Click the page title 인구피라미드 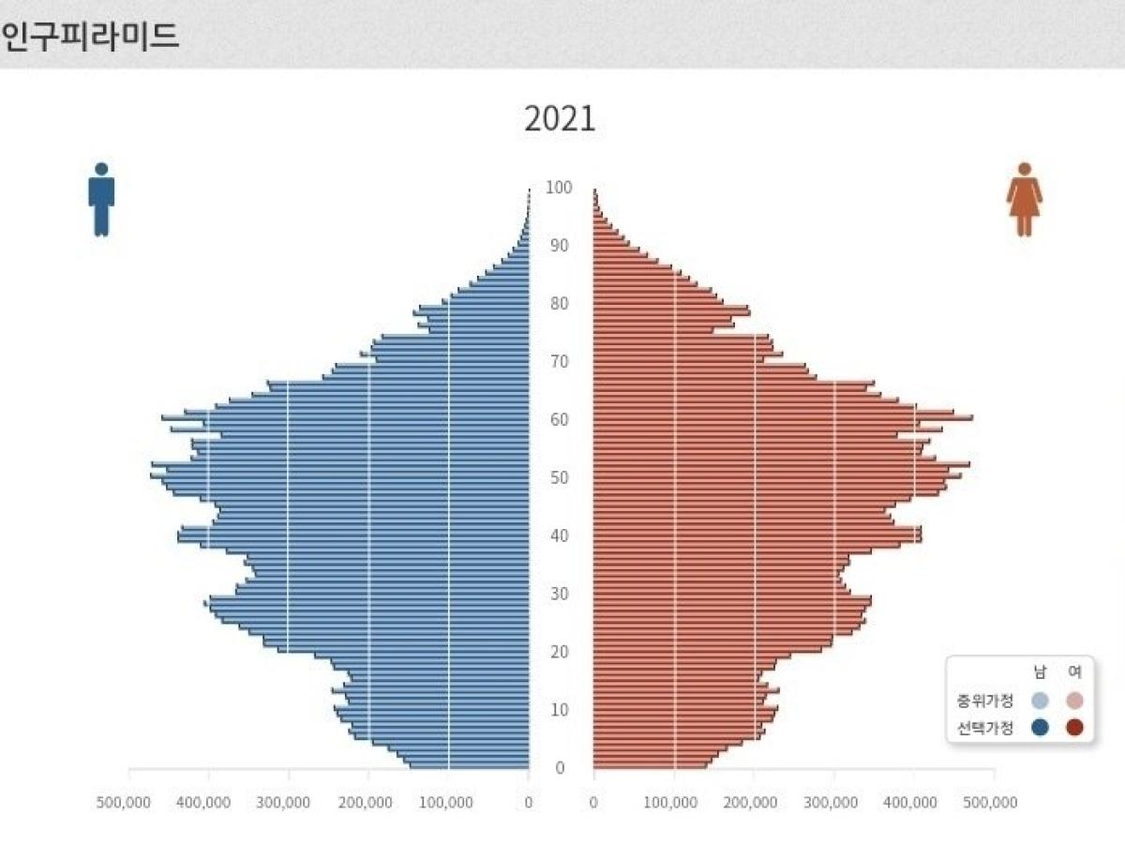tap(90, 37)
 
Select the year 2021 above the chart tap(560, 120)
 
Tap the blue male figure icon tap(101, 200)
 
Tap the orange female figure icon tap(1024, 200)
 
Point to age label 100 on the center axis tap(559, 188)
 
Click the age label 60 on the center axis tap(559, 419)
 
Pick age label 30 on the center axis tap(559, 594)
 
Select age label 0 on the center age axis tap(559, 768)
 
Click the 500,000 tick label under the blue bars tap(124, 803)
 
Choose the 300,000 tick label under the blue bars tap(284, 803)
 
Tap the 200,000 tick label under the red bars tap(752, 803)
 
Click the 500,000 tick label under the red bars tap(991, 803)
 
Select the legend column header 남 tap(1039, 672)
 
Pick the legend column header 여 tap(1074, 672)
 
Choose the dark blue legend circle tap(1039, 727)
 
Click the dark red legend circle tap(1074, 727)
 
